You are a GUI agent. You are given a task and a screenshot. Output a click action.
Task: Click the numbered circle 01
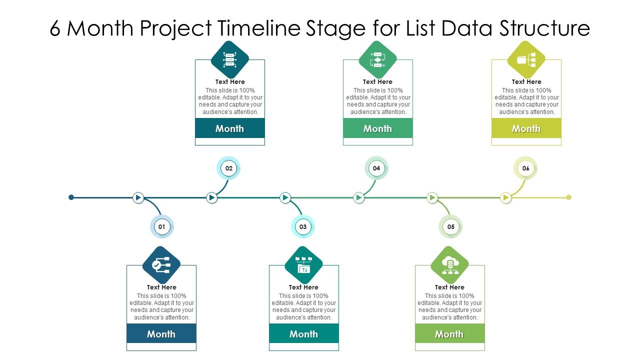click(x=161, y=226)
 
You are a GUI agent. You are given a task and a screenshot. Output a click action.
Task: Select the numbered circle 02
click(x=228, y=168)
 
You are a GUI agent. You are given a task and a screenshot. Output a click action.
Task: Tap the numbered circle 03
click(x=303, y=226)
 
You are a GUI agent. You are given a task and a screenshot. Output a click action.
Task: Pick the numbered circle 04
click(x=376, y=168)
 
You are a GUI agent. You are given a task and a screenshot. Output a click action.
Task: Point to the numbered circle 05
click(x=450, y=226)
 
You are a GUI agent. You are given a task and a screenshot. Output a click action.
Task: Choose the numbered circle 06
click(x=525, y=168)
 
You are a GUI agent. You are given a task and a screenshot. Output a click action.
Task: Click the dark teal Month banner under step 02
click(x=229, y=128)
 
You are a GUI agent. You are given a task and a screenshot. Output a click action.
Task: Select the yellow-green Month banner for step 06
click(x=526, y=128)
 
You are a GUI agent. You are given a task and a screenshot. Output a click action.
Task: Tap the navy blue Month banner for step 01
click(x=161, y=334)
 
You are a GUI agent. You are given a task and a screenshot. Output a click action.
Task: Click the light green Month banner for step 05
click(x=449, y=334)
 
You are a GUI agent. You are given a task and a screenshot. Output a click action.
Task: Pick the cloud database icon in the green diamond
click(x=449, y=265)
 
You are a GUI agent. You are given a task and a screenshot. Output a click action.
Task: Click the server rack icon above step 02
click(x=229, y=60)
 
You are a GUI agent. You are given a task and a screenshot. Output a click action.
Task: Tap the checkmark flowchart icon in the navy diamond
click(x=161, y=265)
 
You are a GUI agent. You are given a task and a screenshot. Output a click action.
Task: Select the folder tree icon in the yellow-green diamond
click(x=526, y=60)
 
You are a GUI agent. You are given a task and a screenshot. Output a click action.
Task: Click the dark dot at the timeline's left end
click(x=71, y=197)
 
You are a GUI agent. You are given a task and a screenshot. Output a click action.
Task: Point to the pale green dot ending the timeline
click(x=568, y=197)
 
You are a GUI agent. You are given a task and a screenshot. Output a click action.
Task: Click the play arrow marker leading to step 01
click(x=138, y=197)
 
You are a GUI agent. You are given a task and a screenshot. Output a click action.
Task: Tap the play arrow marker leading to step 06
click(x=506, y=197)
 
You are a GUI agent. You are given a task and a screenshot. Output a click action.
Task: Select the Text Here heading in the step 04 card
click(x=377, y=81)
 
